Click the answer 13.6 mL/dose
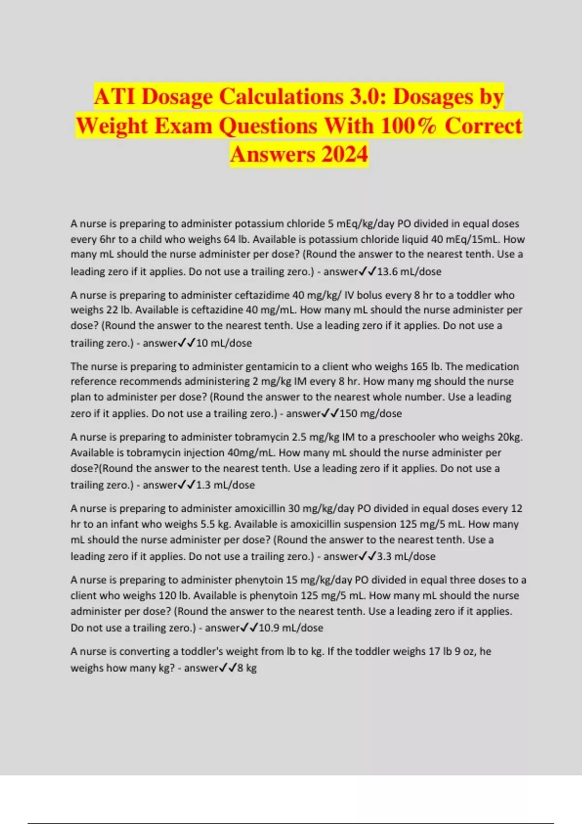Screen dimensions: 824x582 tap(409, 271)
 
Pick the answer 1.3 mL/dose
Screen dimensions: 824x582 tap(225, 485)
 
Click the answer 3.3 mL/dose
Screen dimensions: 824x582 tap(406, 556)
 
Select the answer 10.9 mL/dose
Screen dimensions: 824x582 tap(291, 628)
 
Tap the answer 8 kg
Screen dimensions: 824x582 tap(247, 668)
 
